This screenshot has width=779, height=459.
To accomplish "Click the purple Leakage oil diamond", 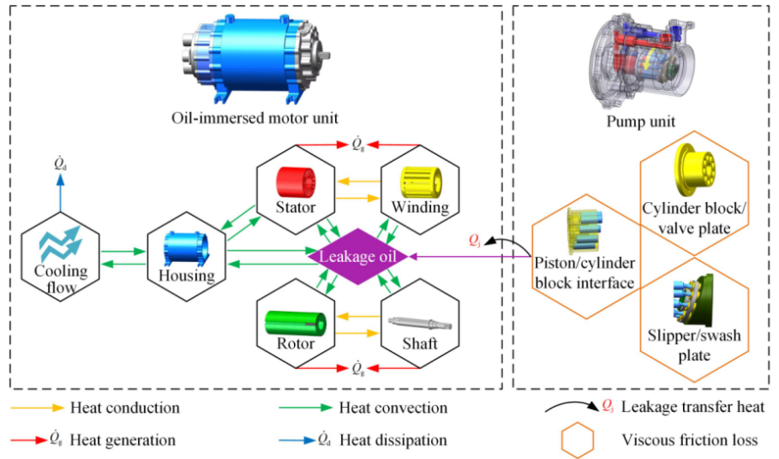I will click(x=360, y=255).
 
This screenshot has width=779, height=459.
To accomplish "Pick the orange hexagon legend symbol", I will click(x=577, y=441).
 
